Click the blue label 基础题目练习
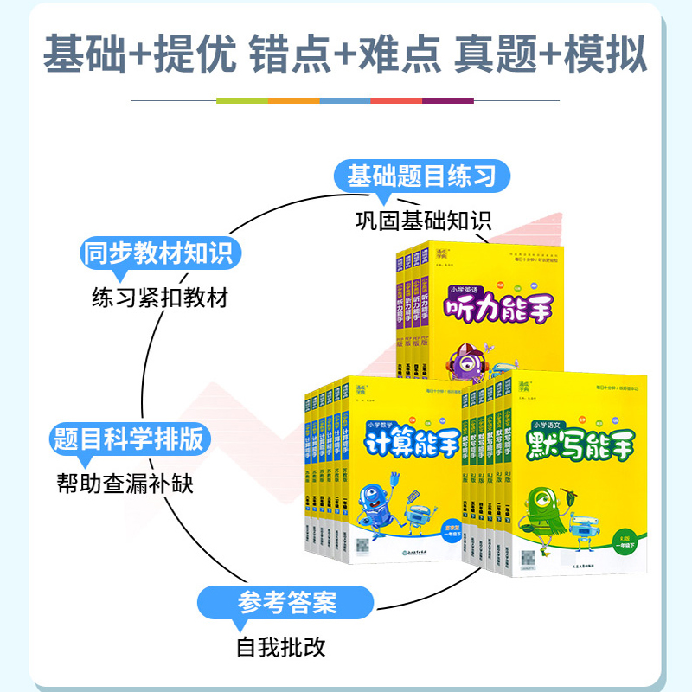click(x=421, y=177)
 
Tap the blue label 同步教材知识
click(x=157, y=253)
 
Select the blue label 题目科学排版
click(x=129, y=439)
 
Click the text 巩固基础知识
click(x=422, y=220)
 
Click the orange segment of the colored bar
click(x=294, y=101)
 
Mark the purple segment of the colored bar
click(x=448, y=101)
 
